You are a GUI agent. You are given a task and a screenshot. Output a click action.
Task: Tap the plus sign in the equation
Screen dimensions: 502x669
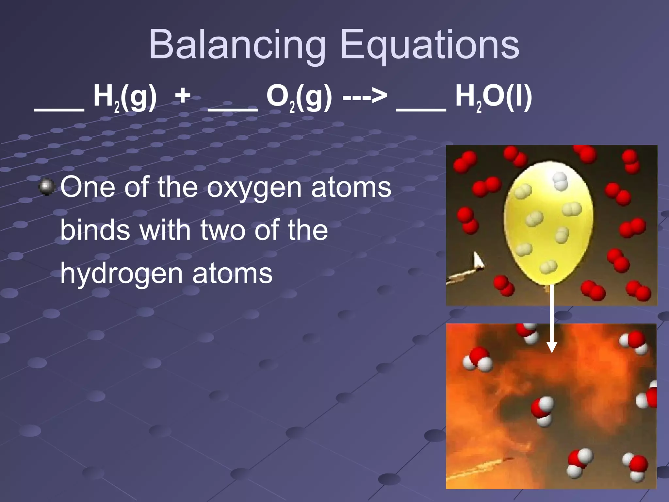coord(183,96)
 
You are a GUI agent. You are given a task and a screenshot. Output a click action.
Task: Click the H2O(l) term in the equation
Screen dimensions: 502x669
coord(493,97)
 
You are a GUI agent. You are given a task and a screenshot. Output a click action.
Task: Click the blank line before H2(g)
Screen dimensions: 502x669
coord(59,110)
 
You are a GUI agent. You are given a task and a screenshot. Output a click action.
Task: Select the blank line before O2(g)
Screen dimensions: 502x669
coord(233,110)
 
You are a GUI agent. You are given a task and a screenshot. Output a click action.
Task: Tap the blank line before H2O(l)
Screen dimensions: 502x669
coord(421,110)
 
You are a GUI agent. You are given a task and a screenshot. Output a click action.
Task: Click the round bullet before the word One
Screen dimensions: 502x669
coord(47,187)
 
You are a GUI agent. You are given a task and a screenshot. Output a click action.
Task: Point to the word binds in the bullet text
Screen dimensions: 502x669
coord(95,230)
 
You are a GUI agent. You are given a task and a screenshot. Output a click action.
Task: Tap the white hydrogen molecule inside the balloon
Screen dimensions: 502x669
coord(560,181)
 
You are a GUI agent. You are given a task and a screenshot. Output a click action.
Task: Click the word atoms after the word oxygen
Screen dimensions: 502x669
coord(351,188)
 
